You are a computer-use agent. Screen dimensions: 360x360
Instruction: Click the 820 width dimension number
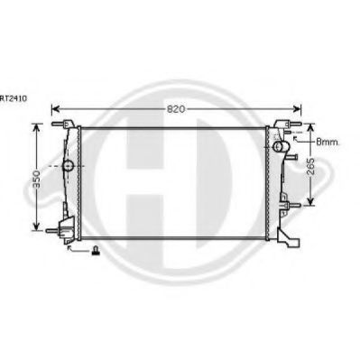point(176,109)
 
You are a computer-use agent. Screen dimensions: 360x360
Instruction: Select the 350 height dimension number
point(36,180)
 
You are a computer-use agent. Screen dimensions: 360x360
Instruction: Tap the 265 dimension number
point(310,166)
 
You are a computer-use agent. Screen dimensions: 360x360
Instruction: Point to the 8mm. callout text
point(328,142)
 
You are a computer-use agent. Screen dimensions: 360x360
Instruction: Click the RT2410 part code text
point(14,98)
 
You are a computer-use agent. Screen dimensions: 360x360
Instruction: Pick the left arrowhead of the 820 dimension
point(55,109)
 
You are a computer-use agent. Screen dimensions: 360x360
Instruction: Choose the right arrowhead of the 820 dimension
point(297,109)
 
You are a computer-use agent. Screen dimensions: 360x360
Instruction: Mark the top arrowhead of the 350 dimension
point(36,128)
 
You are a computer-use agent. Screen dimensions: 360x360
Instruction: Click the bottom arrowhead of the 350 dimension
point(36,226)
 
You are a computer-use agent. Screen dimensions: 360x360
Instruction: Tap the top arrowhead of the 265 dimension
point(310,128)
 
